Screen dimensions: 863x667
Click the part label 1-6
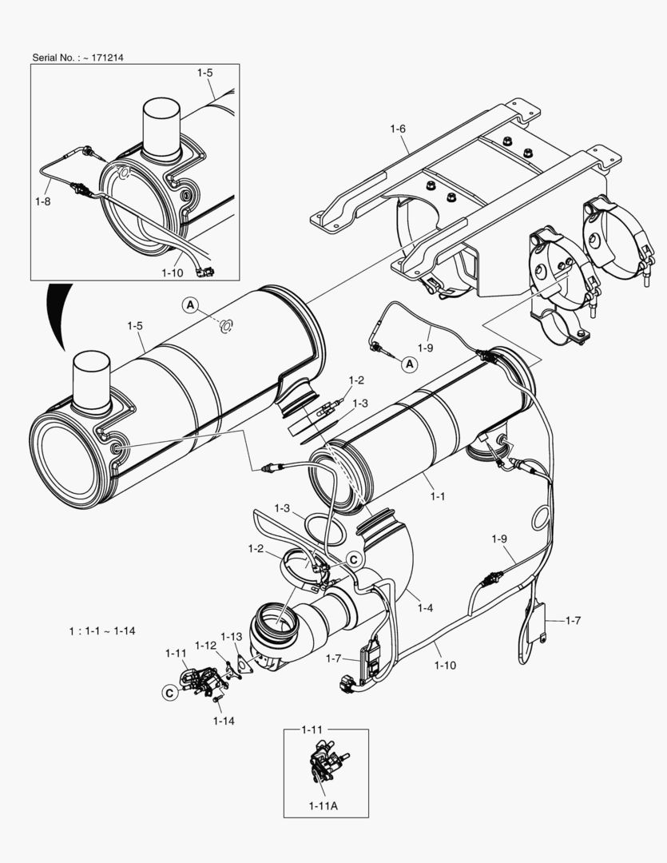point(398,129)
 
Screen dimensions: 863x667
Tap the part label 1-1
point(437,495)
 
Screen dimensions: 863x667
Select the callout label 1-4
point(425,608)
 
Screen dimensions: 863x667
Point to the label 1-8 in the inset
point(42,201)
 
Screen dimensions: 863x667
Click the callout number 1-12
point(205,645)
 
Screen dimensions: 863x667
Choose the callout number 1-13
point(231,637)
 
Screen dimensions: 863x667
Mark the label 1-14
point(224,720)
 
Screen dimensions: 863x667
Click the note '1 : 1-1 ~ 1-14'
point(101,630)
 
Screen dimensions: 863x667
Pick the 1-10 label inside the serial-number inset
point(173,272)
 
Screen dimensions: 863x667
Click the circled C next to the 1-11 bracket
point(170,693)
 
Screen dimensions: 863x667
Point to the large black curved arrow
point(56,312)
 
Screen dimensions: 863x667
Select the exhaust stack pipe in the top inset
point(163,128)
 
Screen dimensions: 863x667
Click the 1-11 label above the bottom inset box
point(312,730)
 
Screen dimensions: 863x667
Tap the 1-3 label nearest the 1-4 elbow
point(282,508)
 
